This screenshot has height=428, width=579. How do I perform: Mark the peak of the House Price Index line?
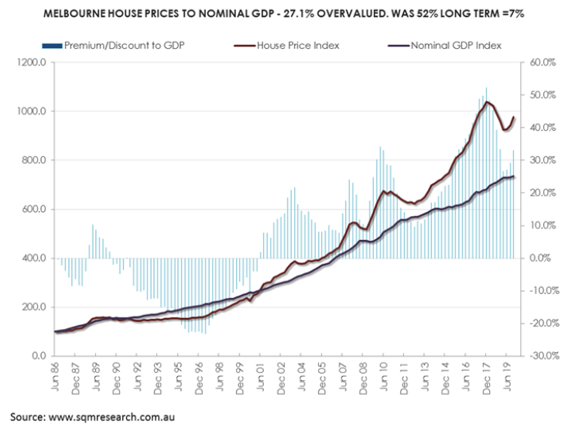[486, 101]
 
